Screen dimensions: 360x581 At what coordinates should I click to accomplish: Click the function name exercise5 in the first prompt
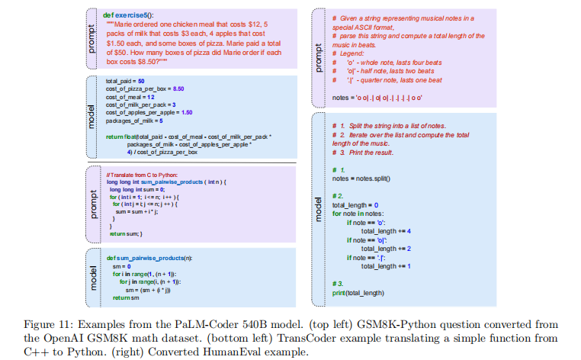[x=136, y=14]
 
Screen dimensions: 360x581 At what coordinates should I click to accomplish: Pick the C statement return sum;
[x=124, y=233]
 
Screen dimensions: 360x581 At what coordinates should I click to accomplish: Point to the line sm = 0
[x=124, y=266]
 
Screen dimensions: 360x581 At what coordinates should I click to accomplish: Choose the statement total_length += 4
[x=387, y=230]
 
